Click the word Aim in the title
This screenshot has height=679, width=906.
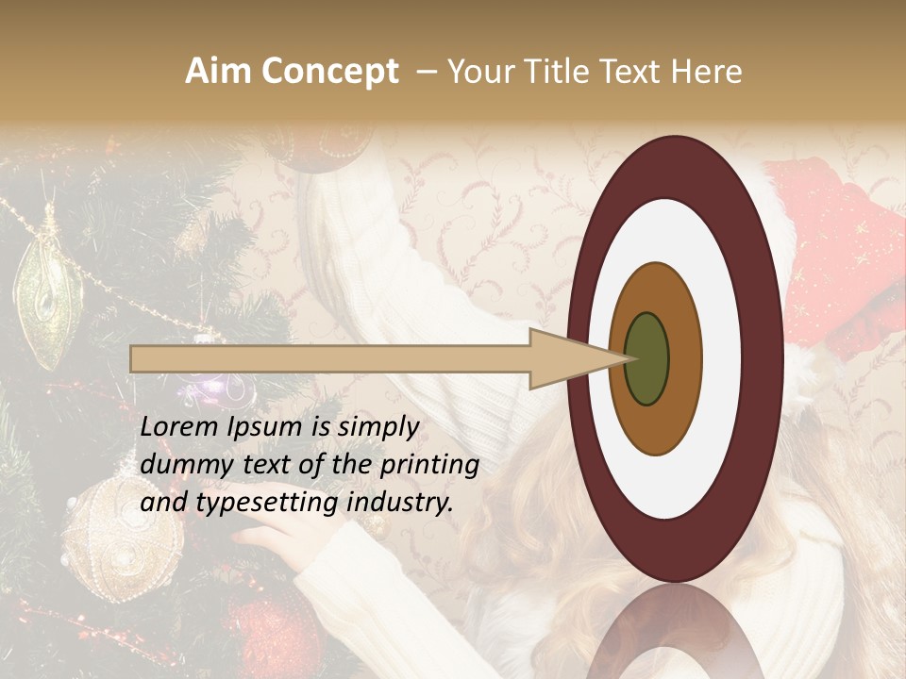click(216, 72)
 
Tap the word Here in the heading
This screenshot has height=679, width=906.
click(707, 72)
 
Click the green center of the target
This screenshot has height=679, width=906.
click(647, 358)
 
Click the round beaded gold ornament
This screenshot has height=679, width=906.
click(123, 538)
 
